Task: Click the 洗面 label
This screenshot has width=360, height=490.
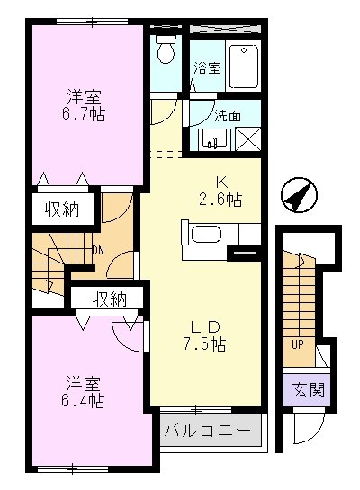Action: (x=226, y=115)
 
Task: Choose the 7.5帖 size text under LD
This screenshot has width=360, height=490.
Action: (x=205, y=344)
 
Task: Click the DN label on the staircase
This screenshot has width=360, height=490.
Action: (x=97, y=250)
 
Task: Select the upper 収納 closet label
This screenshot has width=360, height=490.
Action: (x=59, y=209)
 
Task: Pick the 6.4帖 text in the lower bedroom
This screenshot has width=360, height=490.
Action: (x=84, y=398)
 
